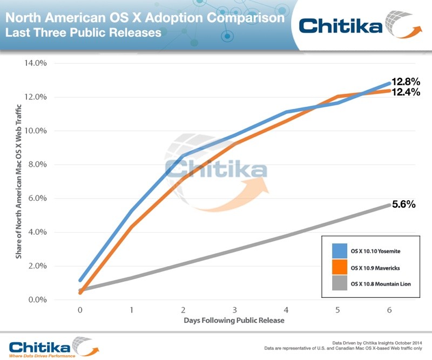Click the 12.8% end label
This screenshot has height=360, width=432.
[406, 82]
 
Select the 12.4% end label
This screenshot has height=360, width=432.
[406, 93]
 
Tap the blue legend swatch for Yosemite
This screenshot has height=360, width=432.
[339, 250]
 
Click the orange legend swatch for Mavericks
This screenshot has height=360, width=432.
[339, 267]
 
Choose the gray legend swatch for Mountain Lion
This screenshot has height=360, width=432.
[339, 284]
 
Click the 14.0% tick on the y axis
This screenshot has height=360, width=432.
[36, 63]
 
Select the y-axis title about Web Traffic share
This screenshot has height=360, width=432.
[19, 181]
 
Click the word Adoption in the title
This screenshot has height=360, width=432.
[154, 18]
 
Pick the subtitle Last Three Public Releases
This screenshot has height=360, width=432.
[83, 33]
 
